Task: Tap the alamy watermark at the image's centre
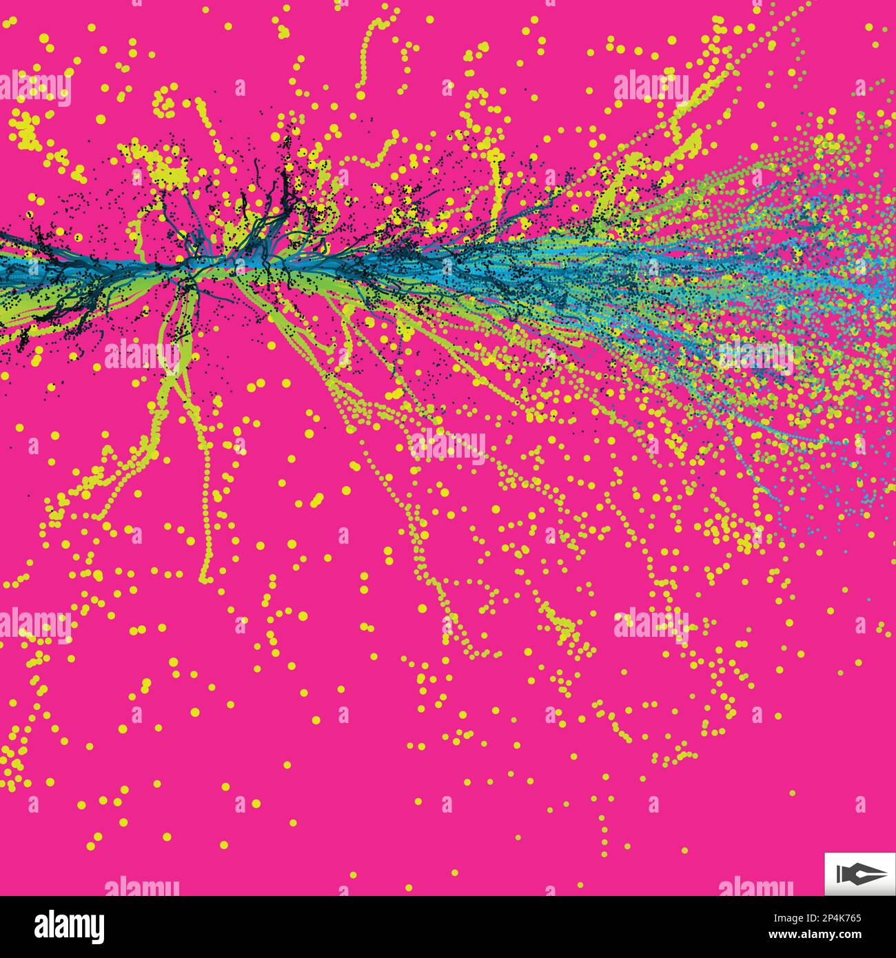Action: [x=447, y=445]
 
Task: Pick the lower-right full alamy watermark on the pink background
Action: [x=651, y=624]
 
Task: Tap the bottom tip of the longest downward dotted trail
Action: [x=204, y=579]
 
